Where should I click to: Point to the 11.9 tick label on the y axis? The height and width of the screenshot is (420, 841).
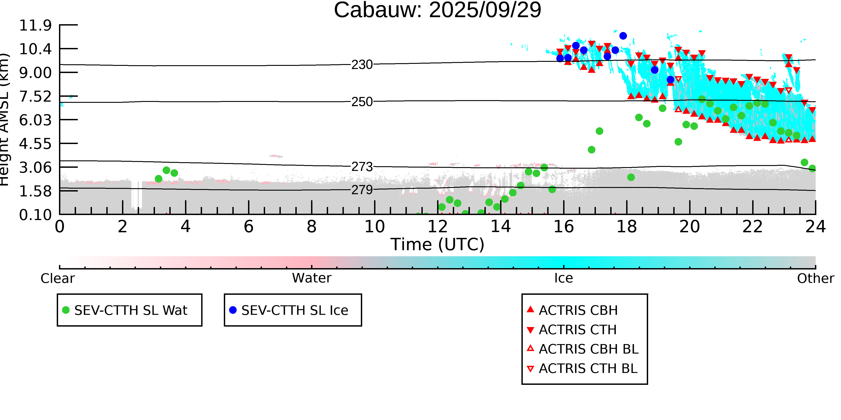(x=35, y=26)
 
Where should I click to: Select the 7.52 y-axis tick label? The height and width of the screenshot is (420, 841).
(x=35, y=97)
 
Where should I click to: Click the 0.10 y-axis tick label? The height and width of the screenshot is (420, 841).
(x=35, y=215)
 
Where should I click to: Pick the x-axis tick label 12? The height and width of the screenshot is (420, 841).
(x=438, y=227)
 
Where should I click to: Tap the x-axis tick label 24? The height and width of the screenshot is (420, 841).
(x=815, y=227)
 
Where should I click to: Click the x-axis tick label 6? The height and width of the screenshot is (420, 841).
(x=248, y=227)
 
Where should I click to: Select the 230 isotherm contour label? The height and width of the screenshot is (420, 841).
(x=362, y=65)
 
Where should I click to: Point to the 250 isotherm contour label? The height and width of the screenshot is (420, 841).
(x=362, y=102)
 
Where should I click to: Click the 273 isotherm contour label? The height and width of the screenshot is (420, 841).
(x=362, y=167)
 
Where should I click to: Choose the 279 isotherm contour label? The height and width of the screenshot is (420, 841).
(x=362, y=190)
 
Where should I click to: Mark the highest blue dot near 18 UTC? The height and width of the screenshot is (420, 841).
(x=623, y=36)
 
